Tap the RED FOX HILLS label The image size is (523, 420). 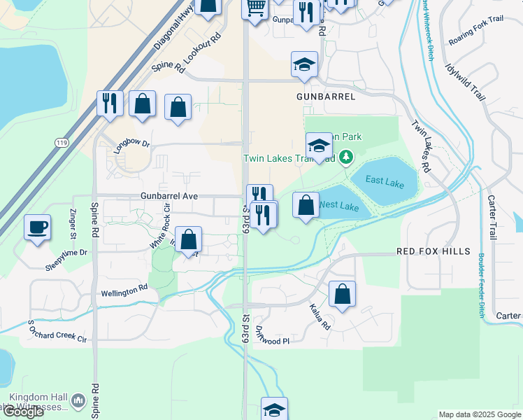pyautogui.click(x=429, y=251)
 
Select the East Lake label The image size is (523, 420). pyautogui.click(x=385, y=182)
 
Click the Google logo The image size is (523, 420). pyautogui.click(x=23, y=412)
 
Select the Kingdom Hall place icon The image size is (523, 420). pyautogui.click(x=78, y=402)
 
